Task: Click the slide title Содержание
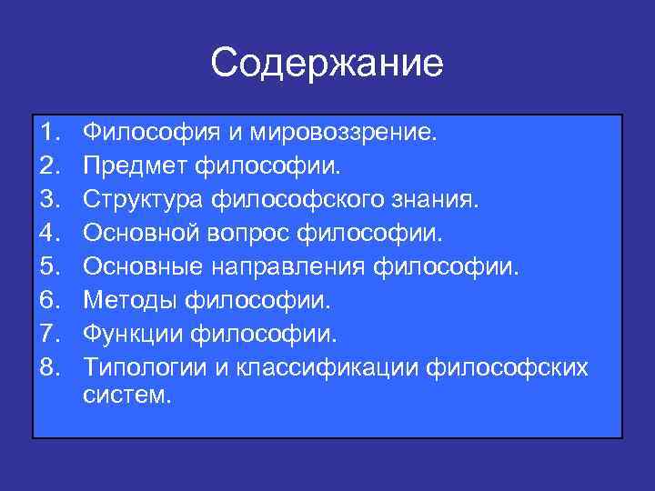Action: point(327,63)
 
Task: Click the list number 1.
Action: point(49,135)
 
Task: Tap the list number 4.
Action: point(49,235)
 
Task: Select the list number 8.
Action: point(49,367)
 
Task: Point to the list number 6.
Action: point(49,301)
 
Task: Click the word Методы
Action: point(128,301)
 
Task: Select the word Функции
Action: point(134,334)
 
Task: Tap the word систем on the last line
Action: point(126,396)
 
